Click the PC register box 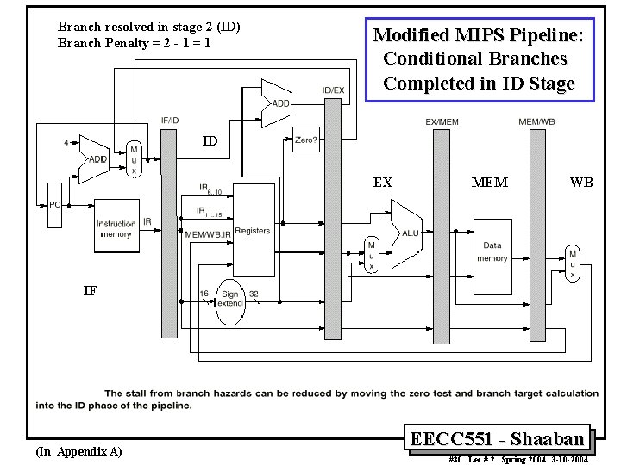54,205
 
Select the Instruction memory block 116,227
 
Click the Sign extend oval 229,300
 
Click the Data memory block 492,251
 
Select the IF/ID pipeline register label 169,121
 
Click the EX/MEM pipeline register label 442,122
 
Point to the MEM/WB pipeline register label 536,122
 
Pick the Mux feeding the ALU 372,255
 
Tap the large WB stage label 580,183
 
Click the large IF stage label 89,290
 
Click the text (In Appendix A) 78,451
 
